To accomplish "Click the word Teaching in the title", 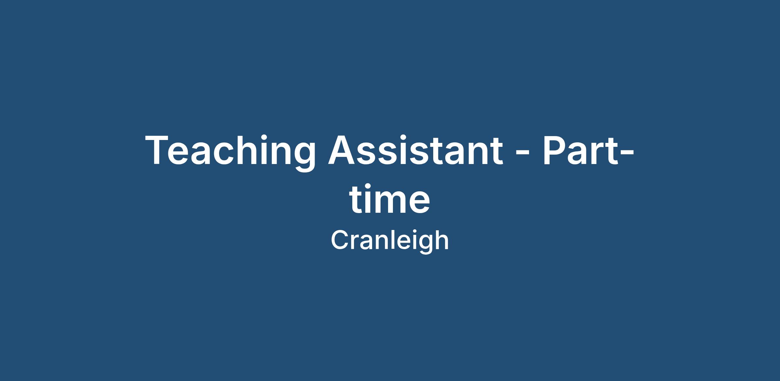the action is (x=230, y=152).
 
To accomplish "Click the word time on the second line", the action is (x=390, y=198).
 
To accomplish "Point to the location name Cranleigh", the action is (x=390, y=241).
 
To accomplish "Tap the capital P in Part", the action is (x=554, y=150).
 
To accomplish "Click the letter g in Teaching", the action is (x=304, y=158).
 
